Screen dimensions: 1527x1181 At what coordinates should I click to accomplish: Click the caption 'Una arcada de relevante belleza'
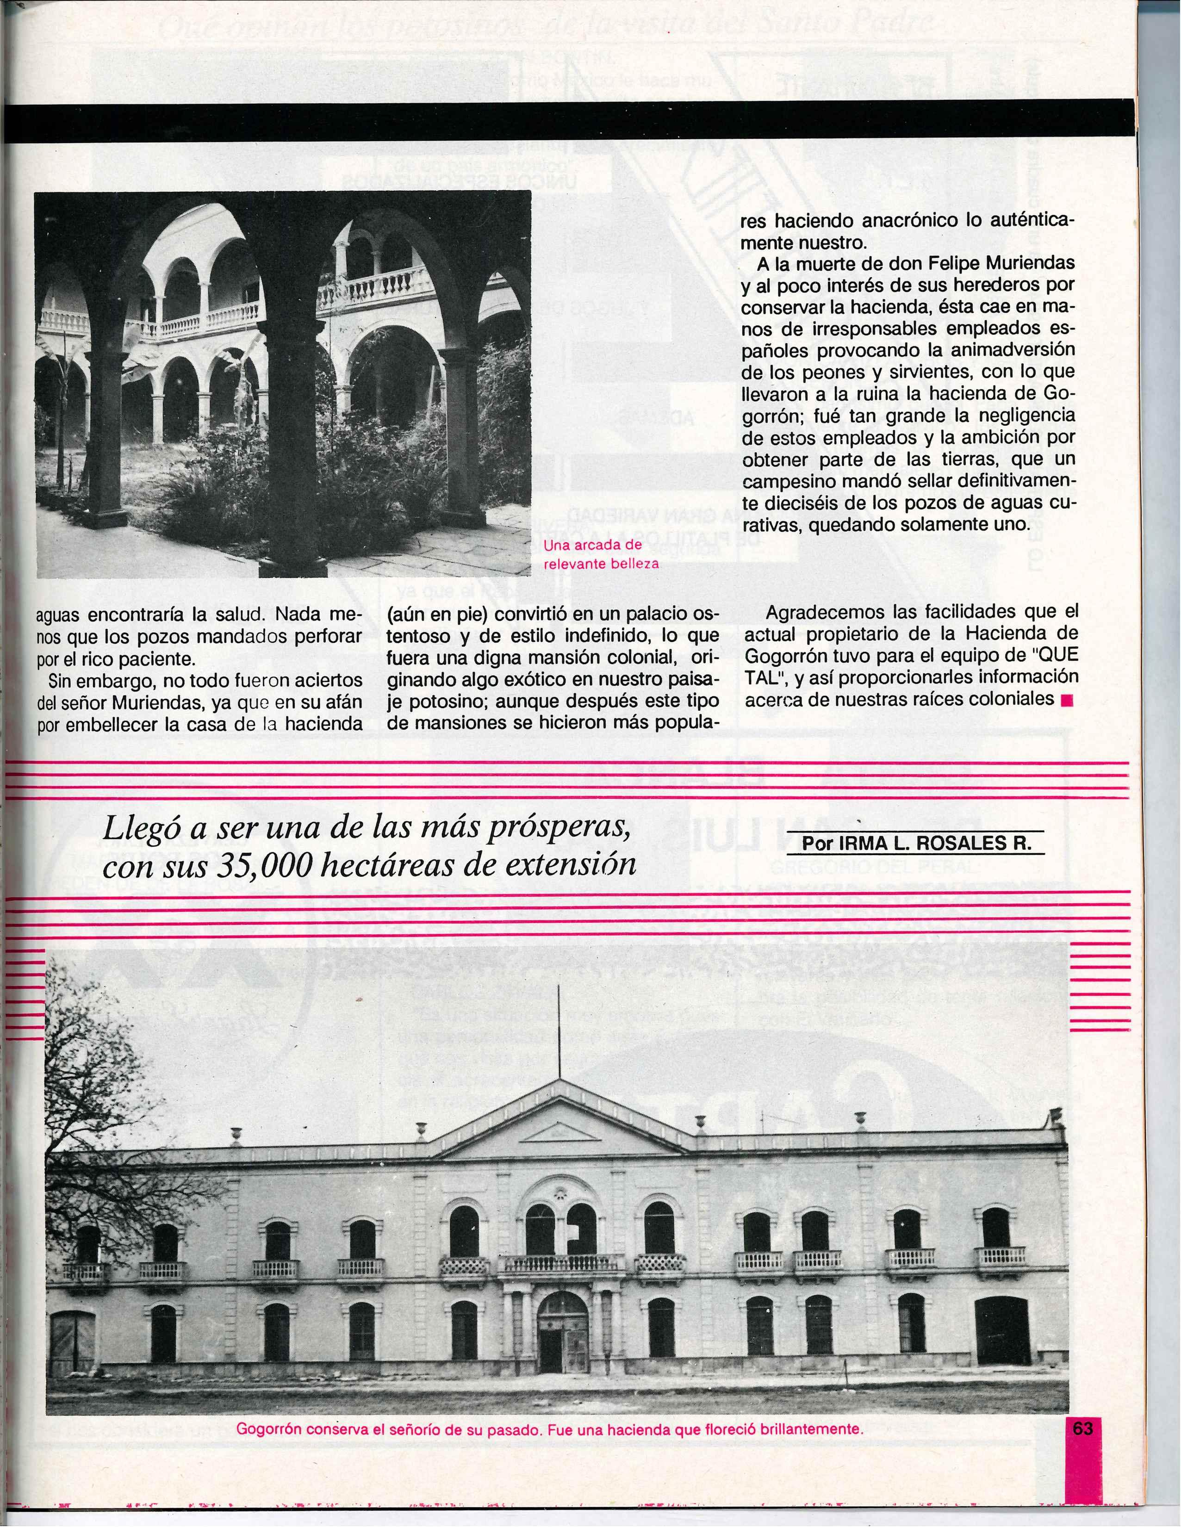click(601, 554)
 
